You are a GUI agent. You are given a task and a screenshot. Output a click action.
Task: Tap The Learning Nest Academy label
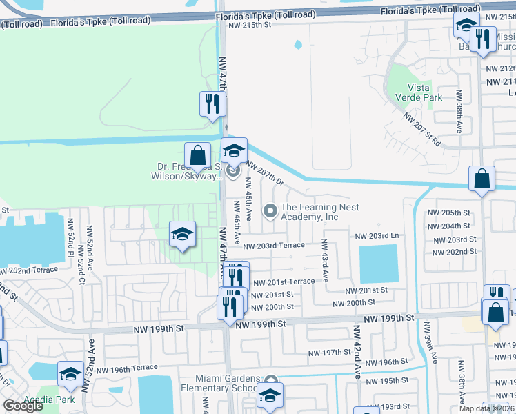coord(320,212)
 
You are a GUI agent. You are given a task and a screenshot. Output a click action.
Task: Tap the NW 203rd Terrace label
coord(273,245)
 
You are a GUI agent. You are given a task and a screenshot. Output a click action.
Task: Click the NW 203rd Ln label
coord(377,236)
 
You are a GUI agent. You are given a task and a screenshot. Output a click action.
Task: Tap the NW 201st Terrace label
coord(284,282)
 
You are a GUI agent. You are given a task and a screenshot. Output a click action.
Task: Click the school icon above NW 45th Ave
coord(233,150)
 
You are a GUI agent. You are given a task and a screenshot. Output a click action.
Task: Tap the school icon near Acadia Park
coord(70,373)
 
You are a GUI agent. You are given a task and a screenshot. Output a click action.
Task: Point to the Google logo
coord(23,406)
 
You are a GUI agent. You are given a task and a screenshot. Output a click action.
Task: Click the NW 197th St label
coord(329,353)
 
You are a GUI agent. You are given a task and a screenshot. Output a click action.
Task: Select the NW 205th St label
coord(448,213)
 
